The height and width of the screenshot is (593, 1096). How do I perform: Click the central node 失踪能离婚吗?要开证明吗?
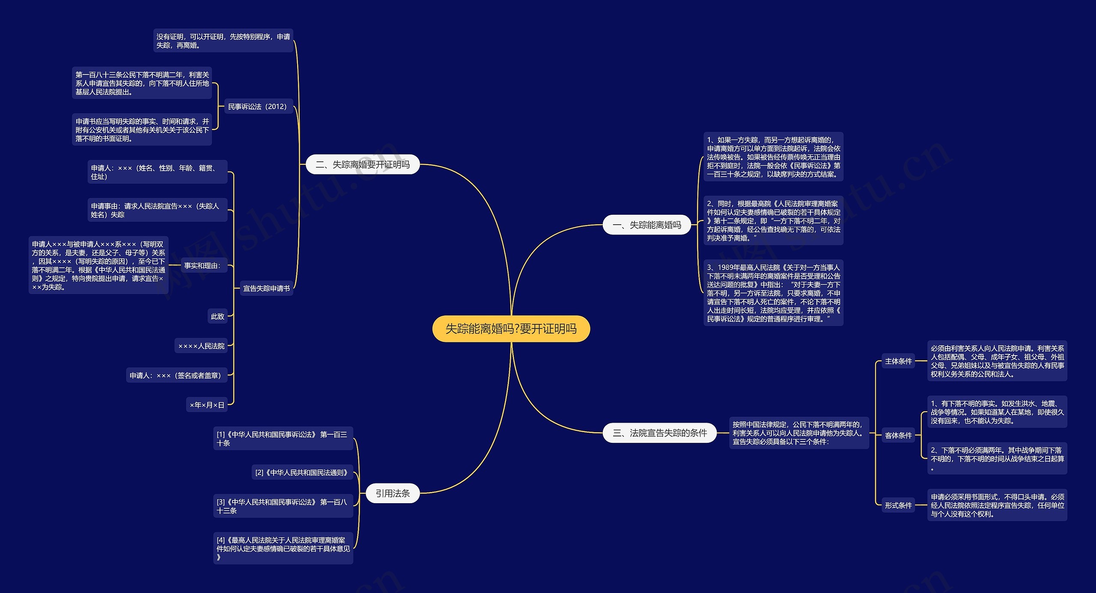click(x=511, y=329)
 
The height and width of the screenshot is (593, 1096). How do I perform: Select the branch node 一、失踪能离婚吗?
click(x=646, y=225)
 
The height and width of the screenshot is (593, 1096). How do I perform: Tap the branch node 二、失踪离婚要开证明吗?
click(x=362, y=165)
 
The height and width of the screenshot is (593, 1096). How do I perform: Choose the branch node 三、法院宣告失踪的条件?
click(x=659, y=433)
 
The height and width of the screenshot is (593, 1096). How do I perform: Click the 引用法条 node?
click(x=393, y=493)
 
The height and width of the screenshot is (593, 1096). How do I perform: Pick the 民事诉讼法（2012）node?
click(x=257, y=107)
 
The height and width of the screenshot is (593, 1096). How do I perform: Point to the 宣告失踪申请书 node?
click(x=266, y=288)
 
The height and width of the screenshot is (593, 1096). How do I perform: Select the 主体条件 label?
click(x=898, y=361)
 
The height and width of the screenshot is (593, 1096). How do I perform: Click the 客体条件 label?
click(x=898, y=436)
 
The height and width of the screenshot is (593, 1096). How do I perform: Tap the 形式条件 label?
click(x=898, y=505)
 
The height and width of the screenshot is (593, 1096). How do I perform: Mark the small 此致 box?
click(x=217, y=317)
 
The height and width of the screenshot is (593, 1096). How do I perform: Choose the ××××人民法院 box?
click(x=201, y=346)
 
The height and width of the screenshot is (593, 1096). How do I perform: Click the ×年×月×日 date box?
click(x=207, y=405)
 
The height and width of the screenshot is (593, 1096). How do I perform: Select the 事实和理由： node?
click(x=203, y=266)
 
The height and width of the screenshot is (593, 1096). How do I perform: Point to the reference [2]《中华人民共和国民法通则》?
click(x=302, y=472)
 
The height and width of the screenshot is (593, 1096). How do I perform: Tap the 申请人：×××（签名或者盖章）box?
click(x=176, y=375)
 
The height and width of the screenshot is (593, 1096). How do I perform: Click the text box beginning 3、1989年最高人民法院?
click(x=773, y=293)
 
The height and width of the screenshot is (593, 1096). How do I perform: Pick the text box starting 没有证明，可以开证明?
click(x=223, y=41)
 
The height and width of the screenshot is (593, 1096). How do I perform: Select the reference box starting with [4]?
click(x=283, y=549)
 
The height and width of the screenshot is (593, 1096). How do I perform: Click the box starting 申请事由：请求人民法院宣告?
click(x=157, y=210)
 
